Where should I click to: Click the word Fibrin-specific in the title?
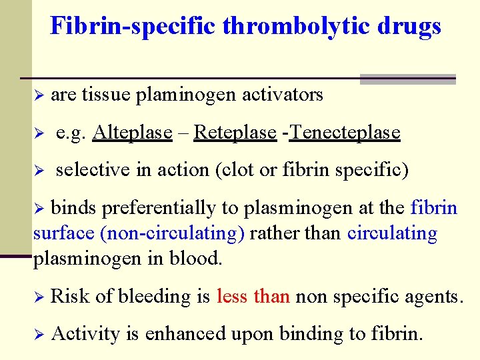coord(133,26)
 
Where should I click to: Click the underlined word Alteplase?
coord(133,133)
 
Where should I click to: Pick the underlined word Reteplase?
coord(235,133)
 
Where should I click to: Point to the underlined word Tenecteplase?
coord(345,133)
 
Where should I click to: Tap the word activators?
coord(283,95)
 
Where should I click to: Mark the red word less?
coord(231,296)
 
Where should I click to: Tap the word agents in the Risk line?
coord(435,296)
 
